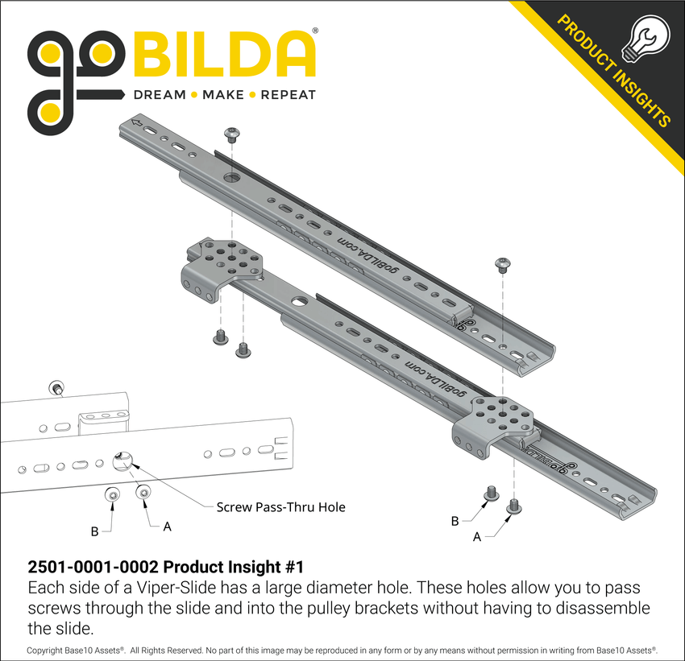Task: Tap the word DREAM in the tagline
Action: (159, 94)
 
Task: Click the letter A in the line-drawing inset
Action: (167, 527)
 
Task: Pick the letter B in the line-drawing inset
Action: (95, 531)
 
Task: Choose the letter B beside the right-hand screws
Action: (455, 521)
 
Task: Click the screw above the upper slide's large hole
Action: (233, 130)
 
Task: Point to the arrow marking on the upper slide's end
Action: (138, 123)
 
